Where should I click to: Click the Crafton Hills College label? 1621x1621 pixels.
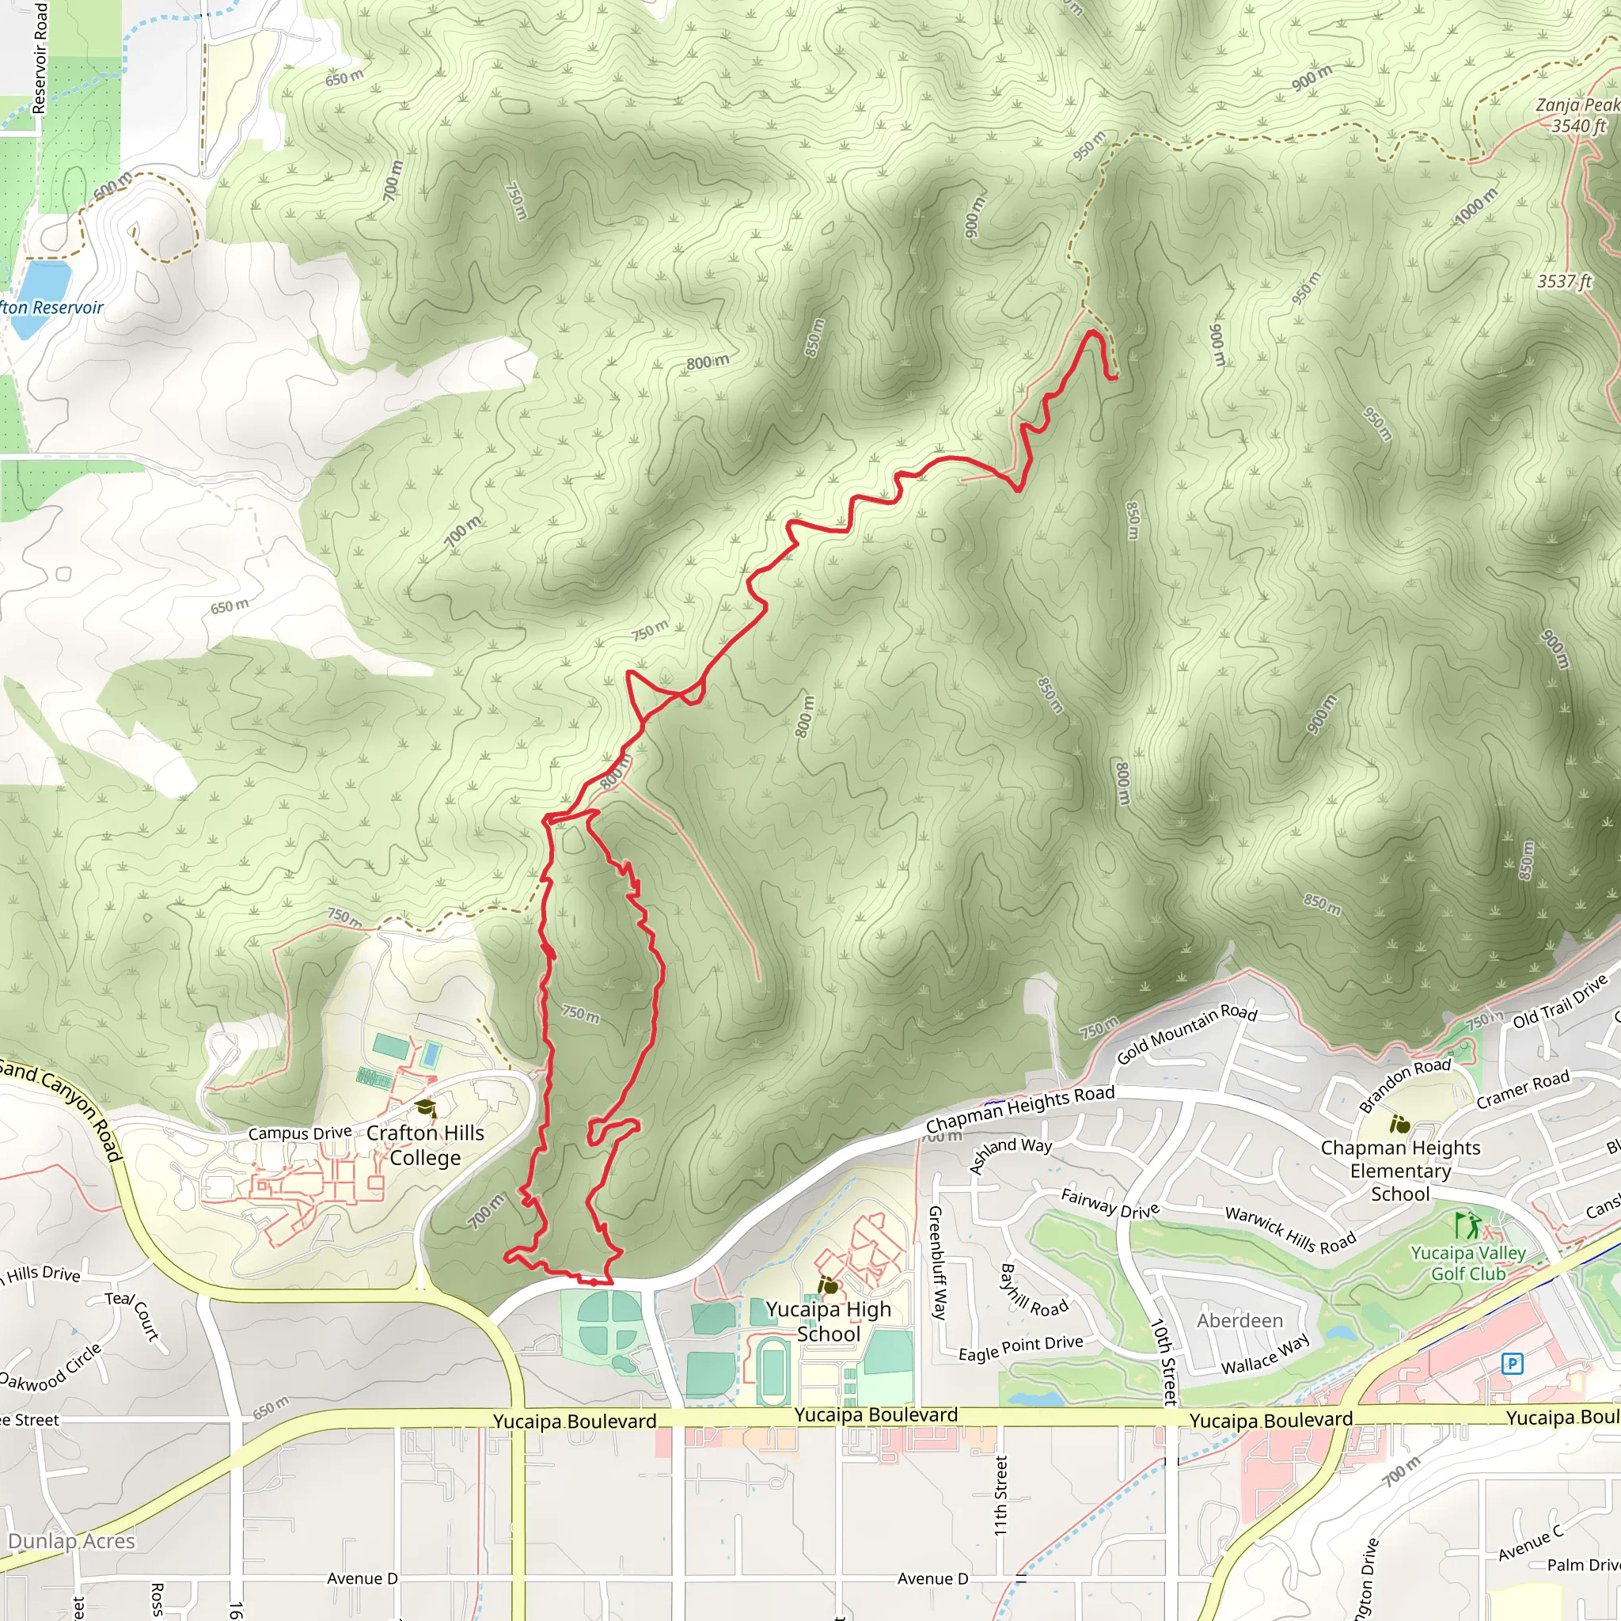[425, 1145]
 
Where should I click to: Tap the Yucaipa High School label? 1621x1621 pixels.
[828, 1322]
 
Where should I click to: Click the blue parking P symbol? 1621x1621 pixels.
[1512, 1364]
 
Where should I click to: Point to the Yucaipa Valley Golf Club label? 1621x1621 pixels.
[1467, 1262]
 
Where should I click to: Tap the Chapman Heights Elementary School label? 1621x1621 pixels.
[1400, 1171]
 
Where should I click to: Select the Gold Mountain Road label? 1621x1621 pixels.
[1186, 1034]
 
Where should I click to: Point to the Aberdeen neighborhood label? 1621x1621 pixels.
[1239, 1321]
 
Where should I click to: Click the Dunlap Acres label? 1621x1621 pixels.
[71, 1541]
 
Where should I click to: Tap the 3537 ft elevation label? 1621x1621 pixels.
[1564, 281]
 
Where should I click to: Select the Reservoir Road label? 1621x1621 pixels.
[40, 57]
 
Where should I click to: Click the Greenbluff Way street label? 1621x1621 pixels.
[936, 1262]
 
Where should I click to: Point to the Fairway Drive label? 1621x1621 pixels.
[1109, 1202]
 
